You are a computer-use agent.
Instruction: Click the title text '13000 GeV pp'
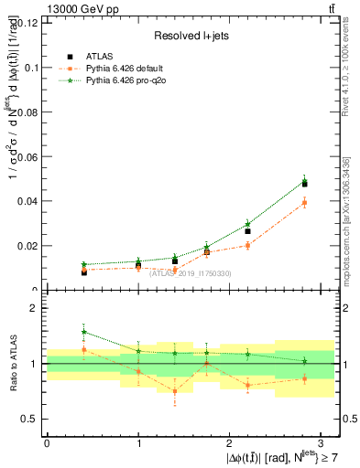76,10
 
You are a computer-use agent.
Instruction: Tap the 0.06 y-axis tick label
27,157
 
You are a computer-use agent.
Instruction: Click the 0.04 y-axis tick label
27,202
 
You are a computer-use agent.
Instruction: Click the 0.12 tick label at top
27,23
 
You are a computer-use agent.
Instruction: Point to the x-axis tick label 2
230,443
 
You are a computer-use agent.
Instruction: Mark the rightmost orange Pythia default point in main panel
304,202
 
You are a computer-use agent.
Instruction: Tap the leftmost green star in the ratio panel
83,333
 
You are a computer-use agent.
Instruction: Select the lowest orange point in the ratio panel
175,391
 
